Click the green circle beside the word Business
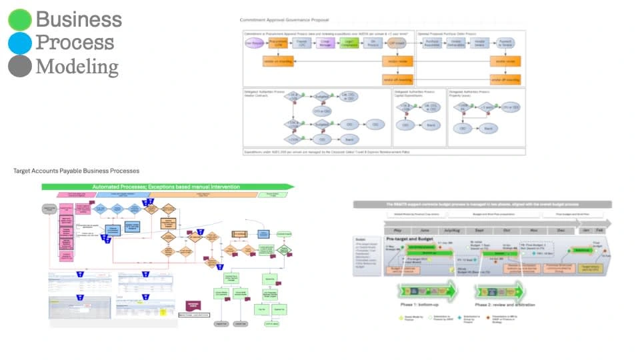click(20, 19)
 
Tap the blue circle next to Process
click(20, 43)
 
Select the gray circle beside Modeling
click(20, 66)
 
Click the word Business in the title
click(79, 19)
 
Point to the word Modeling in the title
click(77, 66)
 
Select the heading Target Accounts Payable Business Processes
click(76, 171)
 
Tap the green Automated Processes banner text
click(167, 186)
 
